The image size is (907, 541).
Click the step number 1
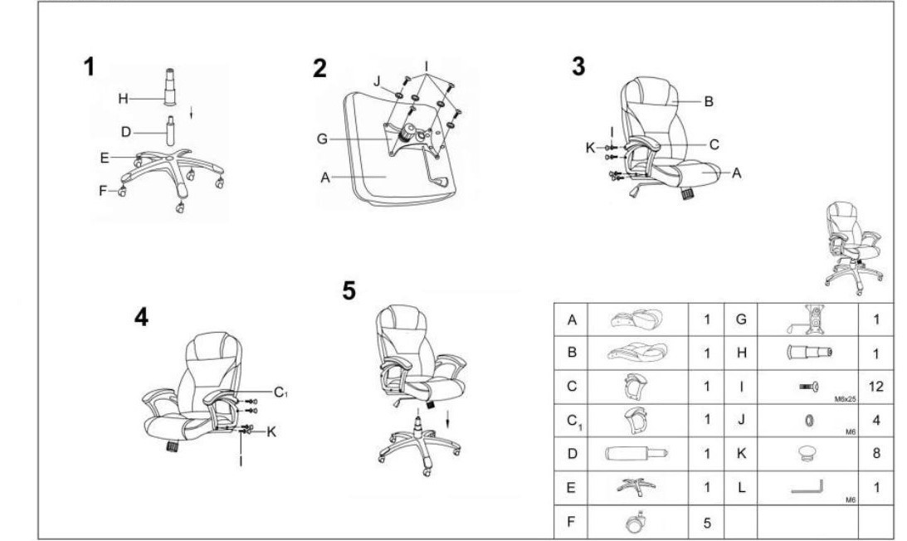coord(89,66)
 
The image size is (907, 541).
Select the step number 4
coord(141,317)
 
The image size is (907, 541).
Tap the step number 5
coord(349,290)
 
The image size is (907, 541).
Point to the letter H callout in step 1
coord(123,99)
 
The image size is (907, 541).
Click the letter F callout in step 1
coord(103,190)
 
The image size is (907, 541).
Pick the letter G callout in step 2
coord(322,139)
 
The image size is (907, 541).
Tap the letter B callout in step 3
coord(709,102)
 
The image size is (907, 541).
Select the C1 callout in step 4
coord(280,392)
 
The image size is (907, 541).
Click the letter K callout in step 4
coord(271,431)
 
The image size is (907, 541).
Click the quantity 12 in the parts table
coord(875,386)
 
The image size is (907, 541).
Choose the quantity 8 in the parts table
coord(876,452)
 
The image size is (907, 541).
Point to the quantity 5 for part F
coord(707,523)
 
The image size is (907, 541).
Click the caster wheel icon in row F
coord(636,521)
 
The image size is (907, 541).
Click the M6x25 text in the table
coord(845,399)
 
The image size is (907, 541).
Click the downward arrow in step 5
coord(447,420)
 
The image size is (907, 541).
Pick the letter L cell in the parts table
coord(742,488)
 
